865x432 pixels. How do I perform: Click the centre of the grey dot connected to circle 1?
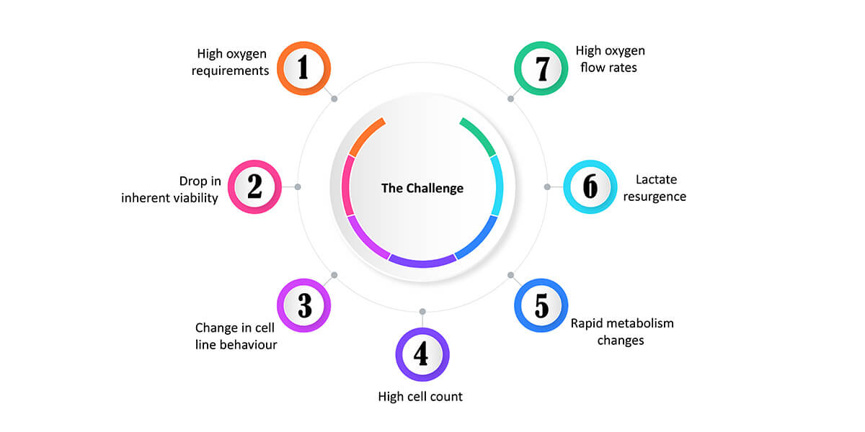[334, 99]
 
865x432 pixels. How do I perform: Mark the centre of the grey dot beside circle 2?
[298, 187]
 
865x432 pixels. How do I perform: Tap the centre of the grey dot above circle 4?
[422, 312]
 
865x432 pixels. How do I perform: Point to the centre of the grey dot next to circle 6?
[547, 187]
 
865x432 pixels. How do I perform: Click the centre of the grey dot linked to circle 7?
[510, 99]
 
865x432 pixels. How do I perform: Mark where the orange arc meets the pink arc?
[352, 156]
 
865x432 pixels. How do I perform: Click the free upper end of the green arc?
[461, 121]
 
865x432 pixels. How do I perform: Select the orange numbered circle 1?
[304, 68]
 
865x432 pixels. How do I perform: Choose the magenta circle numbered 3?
[304, 305]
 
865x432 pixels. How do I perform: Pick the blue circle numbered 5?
[541, 305]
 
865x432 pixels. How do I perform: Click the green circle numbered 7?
[541, 68]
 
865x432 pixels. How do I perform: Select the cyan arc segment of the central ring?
[498, 184]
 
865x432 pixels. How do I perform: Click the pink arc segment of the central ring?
[346, 185]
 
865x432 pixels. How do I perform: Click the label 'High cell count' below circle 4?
[420, 397]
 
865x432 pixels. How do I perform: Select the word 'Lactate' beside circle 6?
[656, 180]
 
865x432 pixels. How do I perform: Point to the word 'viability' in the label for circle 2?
[196, 198]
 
